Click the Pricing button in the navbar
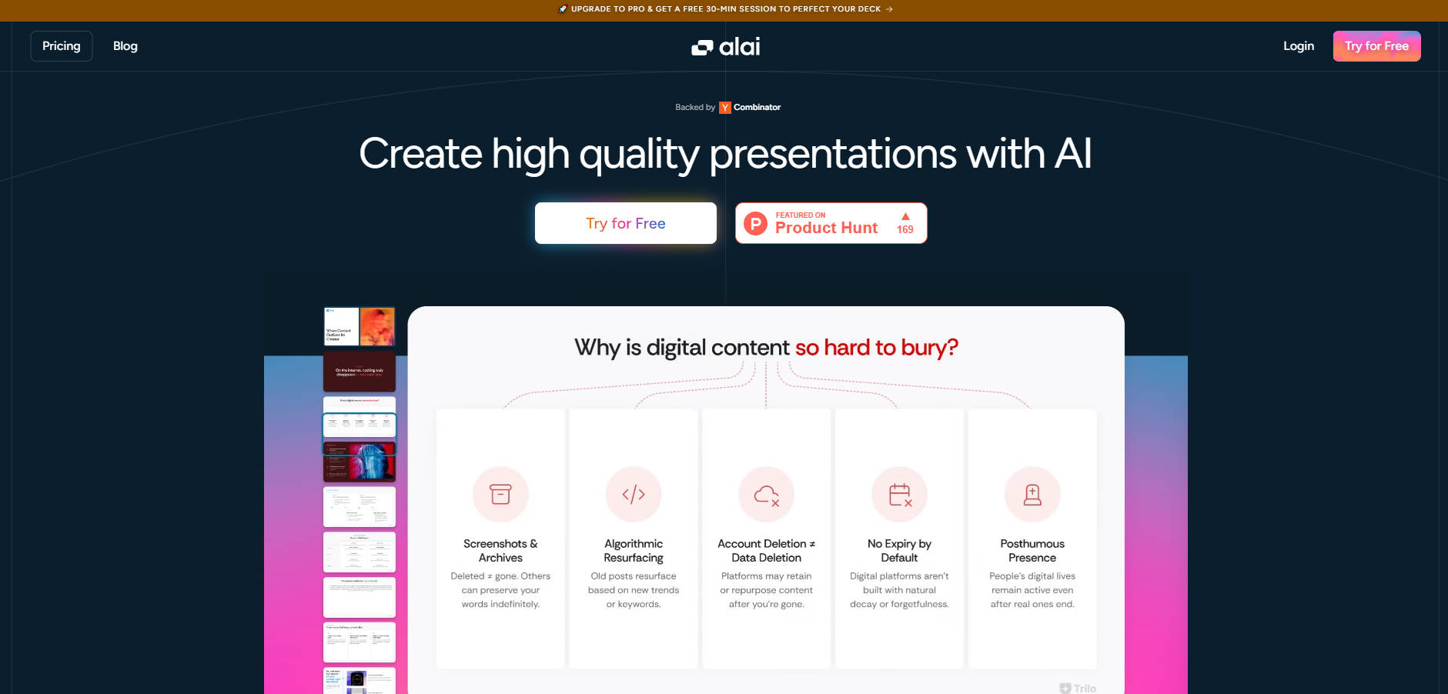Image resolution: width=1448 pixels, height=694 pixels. [62, 46]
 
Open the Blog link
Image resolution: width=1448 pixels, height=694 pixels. [125, 46]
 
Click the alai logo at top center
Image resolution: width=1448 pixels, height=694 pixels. [725, 47]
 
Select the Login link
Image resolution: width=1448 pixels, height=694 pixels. [1298, 46]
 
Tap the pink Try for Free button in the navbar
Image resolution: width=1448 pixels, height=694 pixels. [1376, 46]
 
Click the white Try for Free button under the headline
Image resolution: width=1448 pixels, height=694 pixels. [625, 223]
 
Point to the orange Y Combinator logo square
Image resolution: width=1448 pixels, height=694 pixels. [724, 108]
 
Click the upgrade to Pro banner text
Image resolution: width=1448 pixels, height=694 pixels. [725, 9]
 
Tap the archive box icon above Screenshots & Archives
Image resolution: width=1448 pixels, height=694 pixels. [500, 494]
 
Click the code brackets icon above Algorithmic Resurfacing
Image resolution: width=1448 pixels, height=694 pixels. [634, 494]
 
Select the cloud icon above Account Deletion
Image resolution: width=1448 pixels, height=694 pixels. [766, 494]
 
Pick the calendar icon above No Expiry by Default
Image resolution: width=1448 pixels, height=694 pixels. [899, 494]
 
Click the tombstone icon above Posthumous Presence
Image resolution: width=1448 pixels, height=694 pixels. [1032, 494]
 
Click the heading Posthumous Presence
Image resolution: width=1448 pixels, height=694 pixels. [1032, 551]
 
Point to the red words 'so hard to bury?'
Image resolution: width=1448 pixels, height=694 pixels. [876, 348]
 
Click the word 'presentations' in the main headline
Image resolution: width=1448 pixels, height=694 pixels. [833, 154]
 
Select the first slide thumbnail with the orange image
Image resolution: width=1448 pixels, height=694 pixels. [359, 326]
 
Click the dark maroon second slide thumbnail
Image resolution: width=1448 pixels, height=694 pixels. [359, 371]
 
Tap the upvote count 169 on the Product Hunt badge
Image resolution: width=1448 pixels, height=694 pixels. [905, 229]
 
